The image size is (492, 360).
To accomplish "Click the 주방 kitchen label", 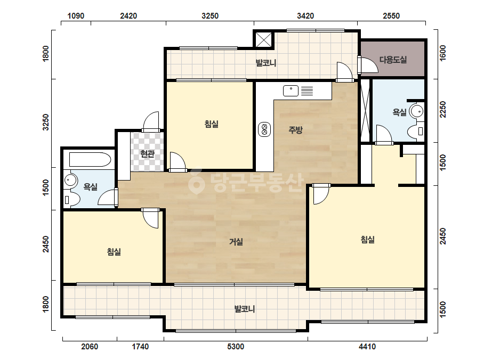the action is [296, 130].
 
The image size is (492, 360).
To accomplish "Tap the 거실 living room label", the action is [236, 242].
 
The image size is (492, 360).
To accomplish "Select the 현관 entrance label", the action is [147, 154].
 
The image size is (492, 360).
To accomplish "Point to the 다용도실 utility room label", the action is [393, 60].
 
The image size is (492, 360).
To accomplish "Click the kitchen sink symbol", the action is [298, 91].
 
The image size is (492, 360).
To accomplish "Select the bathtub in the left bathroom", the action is [90, 159].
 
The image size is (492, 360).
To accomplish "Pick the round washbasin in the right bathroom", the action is [417, 111].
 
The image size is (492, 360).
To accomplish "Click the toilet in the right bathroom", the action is [416, 131].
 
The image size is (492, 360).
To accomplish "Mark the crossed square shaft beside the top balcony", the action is [264, 39].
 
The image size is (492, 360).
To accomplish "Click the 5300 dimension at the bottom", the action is [236, 347].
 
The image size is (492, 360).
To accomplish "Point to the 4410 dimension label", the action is [367, 347].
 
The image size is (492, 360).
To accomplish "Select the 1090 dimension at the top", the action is [76, 15].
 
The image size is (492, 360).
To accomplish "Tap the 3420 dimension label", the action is [305, 15].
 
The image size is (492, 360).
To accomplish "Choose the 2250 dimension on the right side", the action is [443, 110].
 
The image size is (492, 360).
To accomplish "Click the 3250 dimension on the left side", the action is [46, 122].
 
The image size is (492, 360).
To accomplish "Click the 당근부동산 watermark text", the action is [246, 182].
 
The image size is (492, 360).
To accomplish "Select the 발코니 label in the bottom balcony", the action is [245, 309].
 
